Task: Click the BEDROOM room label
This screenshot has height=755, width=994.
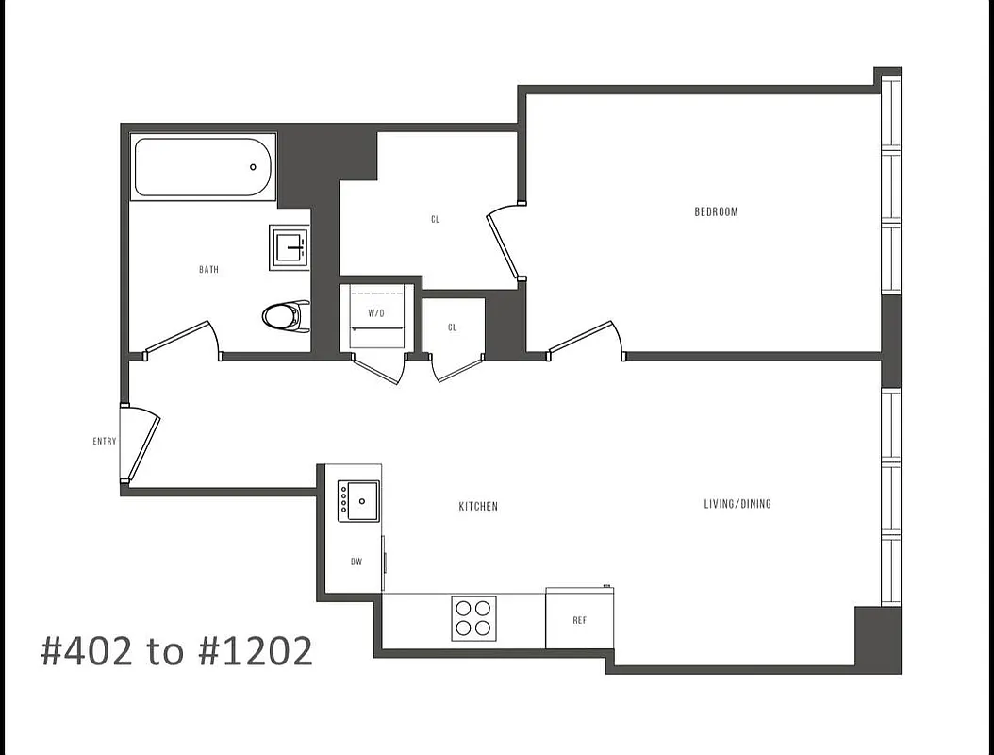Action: click(x=716, y=212)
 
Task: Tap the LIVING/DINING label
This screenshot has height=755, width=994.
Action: click(x=737, y=504)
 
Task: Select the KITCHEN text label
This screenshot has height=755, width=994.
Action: click(x=478, y=507)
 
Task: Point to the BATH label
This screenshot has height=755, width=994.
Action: click(x=208, y=270)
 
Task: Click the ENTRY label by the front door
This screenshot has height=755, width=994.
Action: click(x=104, y=442)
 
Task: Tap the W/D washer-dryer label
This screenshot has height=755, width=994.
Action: click(x=375, y=312)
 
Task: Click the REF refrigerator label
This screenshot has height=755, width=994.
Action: click(x=579, y=620)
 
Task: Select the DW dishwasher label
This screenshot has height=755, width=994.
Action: click(x=356, y=562)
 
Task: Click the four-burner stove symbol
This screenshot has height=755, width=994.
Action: click(x=473, y=618)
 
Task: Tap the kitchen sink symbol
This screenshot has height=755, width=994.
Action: click(x=359, y=500)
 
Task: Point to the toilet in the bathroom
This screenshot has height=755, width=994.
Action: click(x=286, y=315)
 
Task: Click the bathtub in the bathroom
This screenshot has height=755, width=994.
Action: click(x=203, y=167)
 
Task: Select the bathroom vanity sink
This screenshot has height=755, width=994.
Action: click(x=290, y=247)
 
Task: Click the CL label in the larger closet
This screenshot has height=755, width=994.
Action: click(x=435, y=220)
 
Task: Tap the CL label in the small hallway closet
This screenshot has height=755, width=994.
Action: click(x=453, y=328)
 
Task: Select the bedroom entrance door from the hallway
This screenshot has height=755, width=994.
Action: click(x=585, y=339)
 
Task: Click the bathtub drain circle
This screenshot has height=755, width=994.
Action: click(x=253, y=167)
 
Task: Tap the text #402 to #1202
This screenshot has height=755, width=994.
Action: click(x=176, y=651)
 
